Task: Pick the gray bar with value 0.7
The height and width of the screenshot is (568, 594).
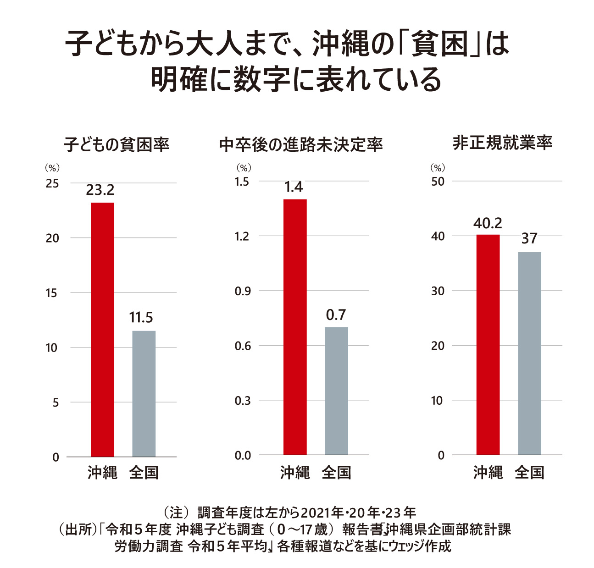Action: click(x=336, y=391)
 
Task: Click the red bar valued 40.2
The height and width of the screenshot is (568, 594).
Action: click(x=488, y=344)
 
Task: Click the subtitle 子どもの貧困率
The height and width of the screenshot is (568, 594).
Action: click(x=117, y=144)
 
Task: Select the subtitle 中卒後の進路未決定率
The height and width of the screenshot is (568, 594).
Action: click(x=301, y=144)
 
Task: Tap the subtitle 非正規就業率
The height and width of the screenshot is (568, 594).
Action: click(x=502, y=143)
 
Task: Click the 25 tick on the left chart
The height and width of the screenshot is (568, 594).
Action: click(x=53, y=184)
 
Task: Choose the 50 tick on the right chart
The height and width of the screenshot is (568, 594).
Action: click(x=438, y=182)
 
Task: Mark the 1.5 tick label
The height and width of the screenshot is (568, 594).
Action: click(x=242, y=182)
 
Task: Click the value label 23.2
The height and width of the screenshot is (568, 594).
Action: click(x=100, y=190)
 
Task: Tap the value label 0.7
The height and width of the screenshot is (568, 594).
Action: click(x=336, y=315)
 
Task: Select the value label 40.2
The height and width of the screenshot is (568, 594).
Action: click(x=488, y=223)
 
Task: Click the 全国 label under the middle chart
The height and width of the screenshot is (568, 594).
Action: click(x=336, y=472)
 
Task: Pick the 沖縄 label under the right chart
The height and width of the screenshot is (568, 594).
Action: click(x=488, y=472)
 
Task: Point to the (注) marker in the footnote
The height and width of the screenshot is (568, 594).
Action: click(x=176, y=512)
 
